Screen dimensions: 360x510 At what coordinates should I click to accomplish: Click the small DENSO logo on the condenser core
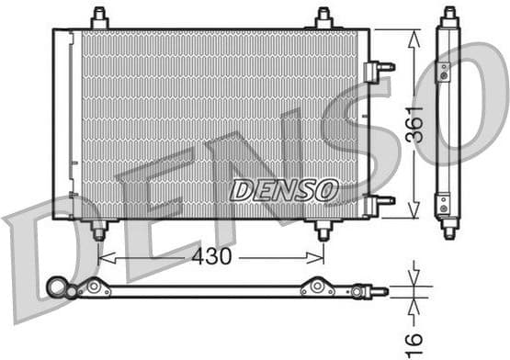(x=284, y=191)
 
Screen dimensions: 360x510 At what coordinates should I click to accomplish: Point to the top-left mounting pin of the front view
(x=99, y=17)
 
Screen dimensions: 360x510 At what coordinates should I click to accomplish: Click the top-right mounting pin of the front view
(x=323, y=17)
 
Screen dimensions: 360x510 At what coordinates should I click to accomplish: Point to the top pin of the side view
(x=448, y=17)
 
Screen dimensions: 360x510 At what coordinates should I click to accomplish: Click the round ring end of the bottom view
(x=59, y=290)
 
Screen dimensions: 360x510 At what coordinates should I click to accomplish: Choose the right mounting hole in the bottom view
(x=317, y=287)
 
